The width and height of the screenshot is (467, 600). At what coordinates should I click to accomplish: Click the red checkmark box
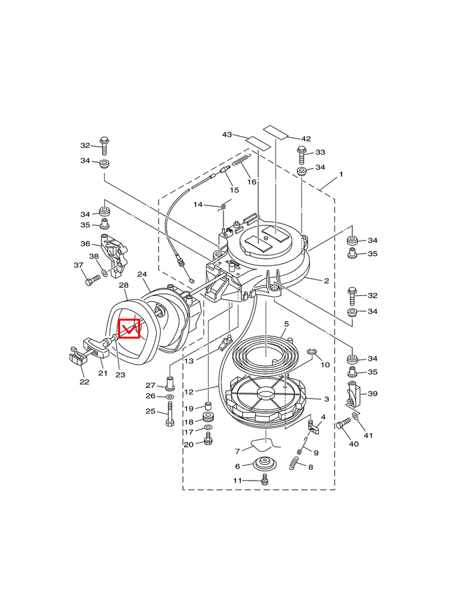[129, 329]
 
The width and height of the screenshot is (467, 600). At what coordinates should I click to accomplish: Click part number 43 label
[227, 134]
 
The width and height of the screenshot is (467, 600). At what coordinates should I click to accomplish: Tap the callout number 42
[306, 139]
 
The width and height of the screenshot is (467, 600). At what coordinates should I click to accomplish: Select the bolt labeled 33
[302, 155]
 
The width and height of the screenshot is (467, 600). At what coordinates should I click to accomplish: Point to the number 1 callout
[341, 174]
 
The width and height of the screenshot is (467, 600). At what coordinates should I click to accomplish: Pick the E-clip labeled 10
[312, 351]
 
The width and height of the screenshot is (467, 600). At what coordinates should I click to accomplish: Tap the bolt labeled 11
[264, 479]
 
